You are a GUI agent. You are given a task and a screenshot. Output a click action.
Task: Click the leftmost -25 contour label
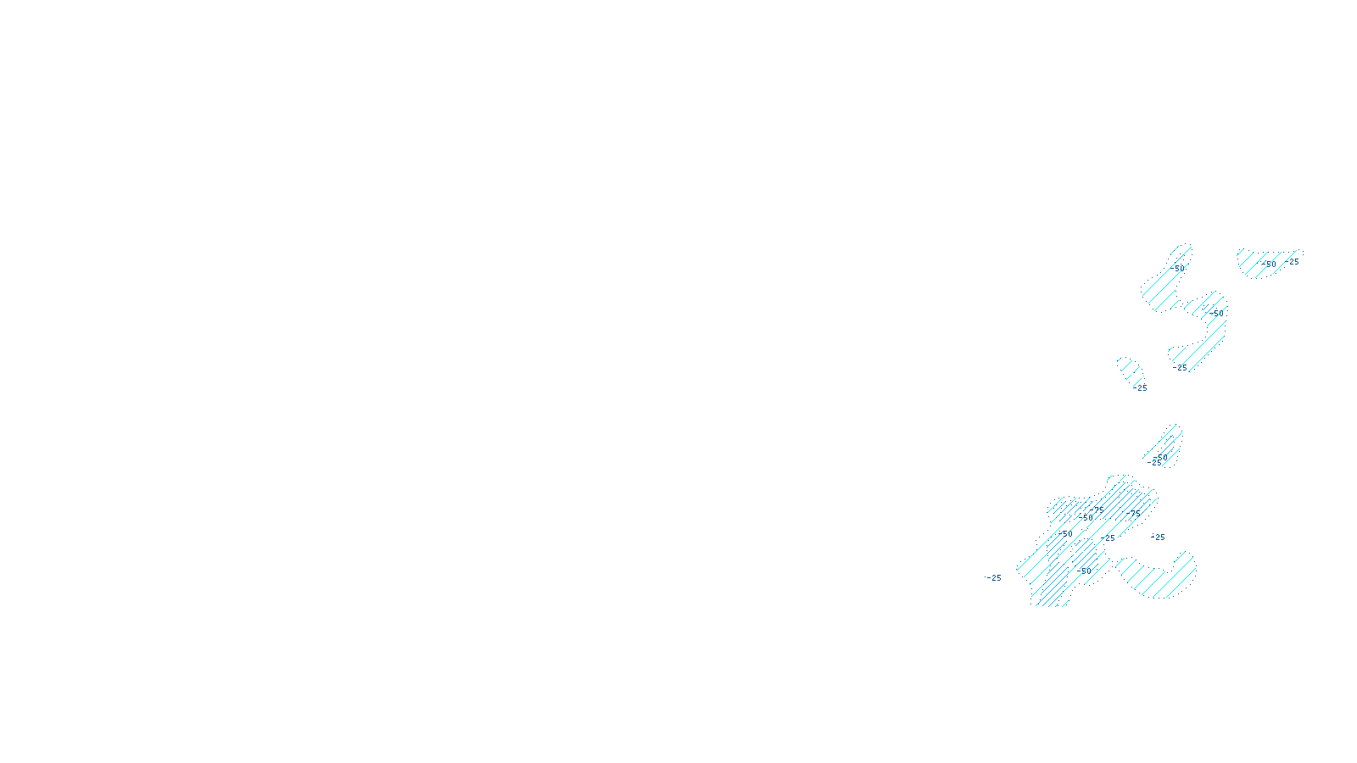coord(994,578)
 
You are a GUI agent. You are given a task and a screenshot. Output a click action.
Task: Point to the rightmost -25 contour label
coord(1292,262)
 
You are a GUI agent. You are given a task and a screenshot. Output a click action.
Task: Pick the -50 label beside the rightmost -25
coord(1269,264)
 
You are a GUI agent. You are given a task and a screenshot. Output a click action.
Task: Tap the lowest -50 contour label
coord(1085,571)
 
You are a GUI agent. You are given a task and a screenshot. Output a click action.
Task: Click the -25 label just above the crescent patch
coord(1158,537)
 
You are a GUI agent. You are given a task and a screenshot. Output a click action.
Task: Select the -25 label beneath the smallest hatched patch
coord(1141,388)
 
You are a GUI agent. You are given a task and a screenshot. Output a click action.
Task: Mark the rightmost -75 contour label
coord(1135,513)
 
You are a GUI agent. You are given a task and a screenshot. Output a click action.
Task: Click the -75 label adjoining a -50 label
coord(1098,510)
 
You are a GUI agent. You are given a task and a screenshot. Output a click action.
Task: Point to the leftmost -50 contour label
coord(1067,534)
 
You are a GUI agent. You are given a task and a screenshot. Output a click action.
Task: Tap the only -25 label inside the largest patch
coord(1108,537)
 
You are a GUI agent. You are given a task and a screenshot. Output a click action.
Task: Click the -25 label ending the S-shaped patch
coord(1181,368)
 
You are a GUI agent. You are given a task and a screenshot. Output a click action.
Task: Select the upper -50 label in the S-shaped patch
coord(1177,268)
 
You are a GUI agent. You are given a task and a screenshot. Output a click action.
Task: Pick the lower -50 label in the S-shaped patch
coord(1218,313)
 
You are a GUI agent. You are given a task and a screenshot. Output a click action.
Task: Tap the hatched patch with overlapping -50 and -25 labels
coord(1165,445)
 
